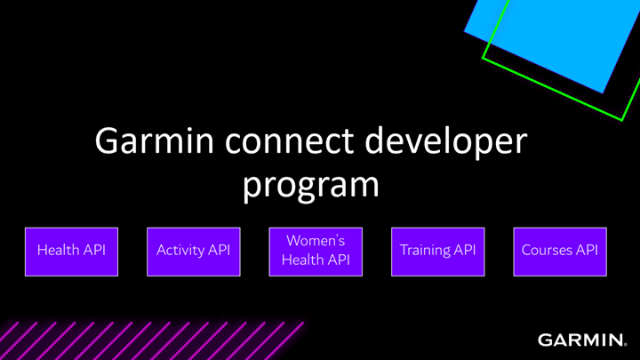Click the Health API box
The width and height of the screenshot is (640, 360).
click(x=71, y=252)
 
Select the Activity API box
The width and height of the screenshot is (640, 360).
click(x=194, y=252)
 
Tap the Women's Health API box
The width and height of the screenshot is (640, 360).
click(x=316, y=252)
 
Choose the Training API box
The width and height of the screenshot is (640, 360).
click(x=438, y=252)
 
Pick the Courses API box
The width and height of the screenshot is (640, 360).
click(x=560, y=252)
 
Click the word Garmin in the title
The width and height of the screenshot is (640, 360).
click(x=155, y=140)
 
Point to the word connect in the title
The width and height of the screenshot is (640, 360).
click(x=290, y=141)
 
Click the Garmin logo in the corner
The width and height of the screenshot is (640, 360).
click(x=582, y=340)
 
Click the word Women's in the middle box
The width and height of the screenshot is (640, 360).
click(x=316, y=241)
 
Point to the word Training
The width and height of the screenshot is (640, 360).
click(x=426, y=250)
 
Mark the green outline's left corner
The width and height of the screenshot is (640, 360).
click(x=483, y=58)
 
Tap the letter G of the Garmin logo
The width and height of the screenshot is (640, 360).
click(x=545, y=340)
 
